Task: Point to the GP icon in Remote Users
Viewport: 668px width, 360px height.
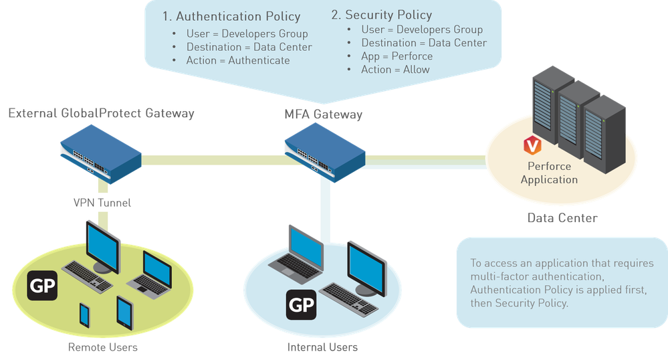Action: [43, 286]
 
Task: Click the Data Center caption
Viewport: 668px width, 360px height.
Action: [562, 217]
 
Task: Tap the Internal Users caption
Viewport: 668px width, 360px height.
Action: [322, 347]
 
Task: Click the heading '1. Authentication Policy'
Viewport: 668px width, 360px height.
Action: [231, 16]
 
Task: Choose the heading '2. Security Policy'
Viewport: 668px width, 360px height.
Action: [382, 15]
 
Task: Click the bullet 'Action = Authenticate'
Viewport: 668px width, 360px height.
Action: [238, 60]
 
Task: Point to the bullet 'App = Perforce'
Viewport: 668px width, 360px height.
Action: [397, 56]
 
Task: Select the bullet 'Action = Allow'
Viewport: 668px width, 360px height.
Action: [395, 70]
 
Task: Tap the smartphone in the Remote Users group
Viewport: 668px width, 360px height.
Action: [85, 316]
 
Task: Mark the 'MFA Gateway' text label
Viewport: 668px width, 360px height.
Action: [323, 114]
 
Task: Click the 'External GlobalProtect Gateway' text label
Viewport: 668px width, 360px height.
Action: [101, 114]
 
